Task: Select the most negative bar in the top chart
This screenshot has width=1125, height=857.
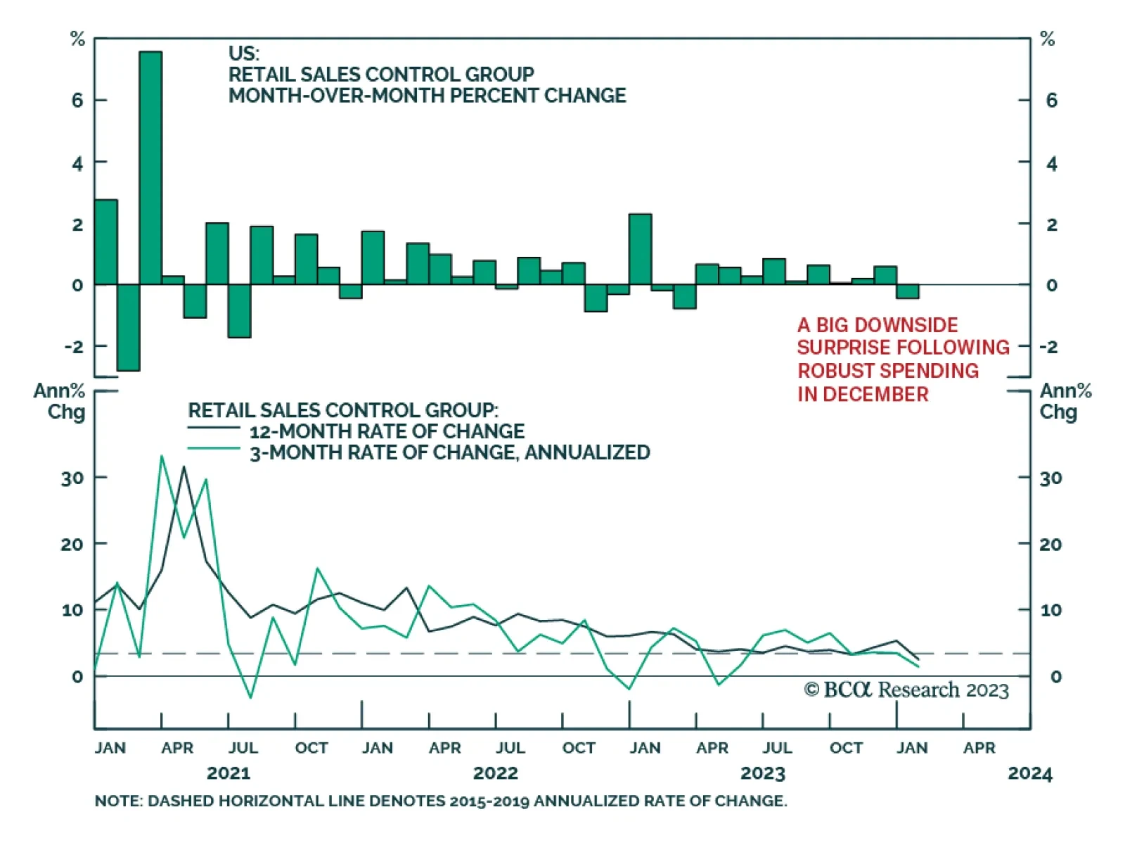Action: pos(128,327)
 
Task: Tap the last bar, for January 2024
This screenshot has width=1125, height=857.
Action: pos(907,291)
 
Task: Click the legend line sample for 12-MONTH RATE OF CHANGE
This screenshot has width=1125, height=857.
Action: pos(214,428)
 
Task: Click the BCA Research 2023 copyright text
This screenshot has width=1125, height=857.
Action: pos(906,690)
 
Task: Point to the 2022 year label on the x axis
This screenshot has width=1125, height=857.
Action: pos(495,773)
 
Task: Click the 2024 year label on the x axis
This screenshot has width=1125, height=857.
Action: pos(1029,773)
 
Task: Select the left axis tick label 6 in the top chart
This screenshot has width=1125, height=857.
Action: pos(77,100)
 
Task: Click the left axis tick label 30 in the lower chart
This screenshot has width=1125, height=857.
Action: pos(72,478)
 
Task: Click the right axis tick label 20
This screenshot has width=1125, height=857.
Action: pos(1050,544)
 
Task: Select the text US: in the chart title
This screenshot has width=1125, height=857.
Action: pos(244,53)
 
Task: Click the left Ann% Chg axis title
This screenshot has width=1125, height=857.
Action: pos(60,401)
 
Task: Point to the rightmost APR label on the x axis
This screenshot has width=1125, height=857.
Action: pos(979,748)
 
